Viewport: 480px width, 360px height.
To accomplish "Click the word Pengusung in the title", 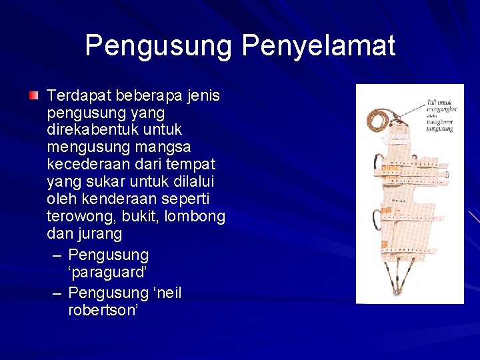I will click(x=159, y=47).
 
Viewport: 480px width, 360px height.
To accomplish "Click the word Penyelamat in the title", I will click(x=318, y=47).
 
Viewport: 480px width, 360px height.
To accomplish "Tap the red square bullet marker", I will click(x=33, y=97).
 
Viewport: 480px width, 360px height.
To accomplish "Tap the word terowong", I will click(x=78, y=216).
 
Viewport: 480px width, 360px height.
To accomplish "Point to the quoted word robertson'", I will click(x=103, y=310).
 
